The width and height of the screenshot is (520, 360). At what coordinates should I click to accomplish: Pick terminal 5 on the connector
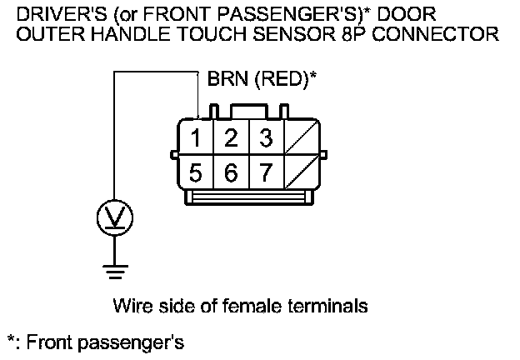tap(195, 173)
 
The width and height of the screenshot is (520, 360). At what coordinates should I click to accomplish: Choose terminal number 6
tap(232, 173)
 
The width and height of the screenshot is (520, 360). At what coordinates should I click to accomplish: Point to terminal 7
tap(266, 173)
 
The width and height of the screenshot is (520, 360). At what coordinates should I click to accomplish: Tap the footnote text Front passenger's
tap(104, 342)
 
